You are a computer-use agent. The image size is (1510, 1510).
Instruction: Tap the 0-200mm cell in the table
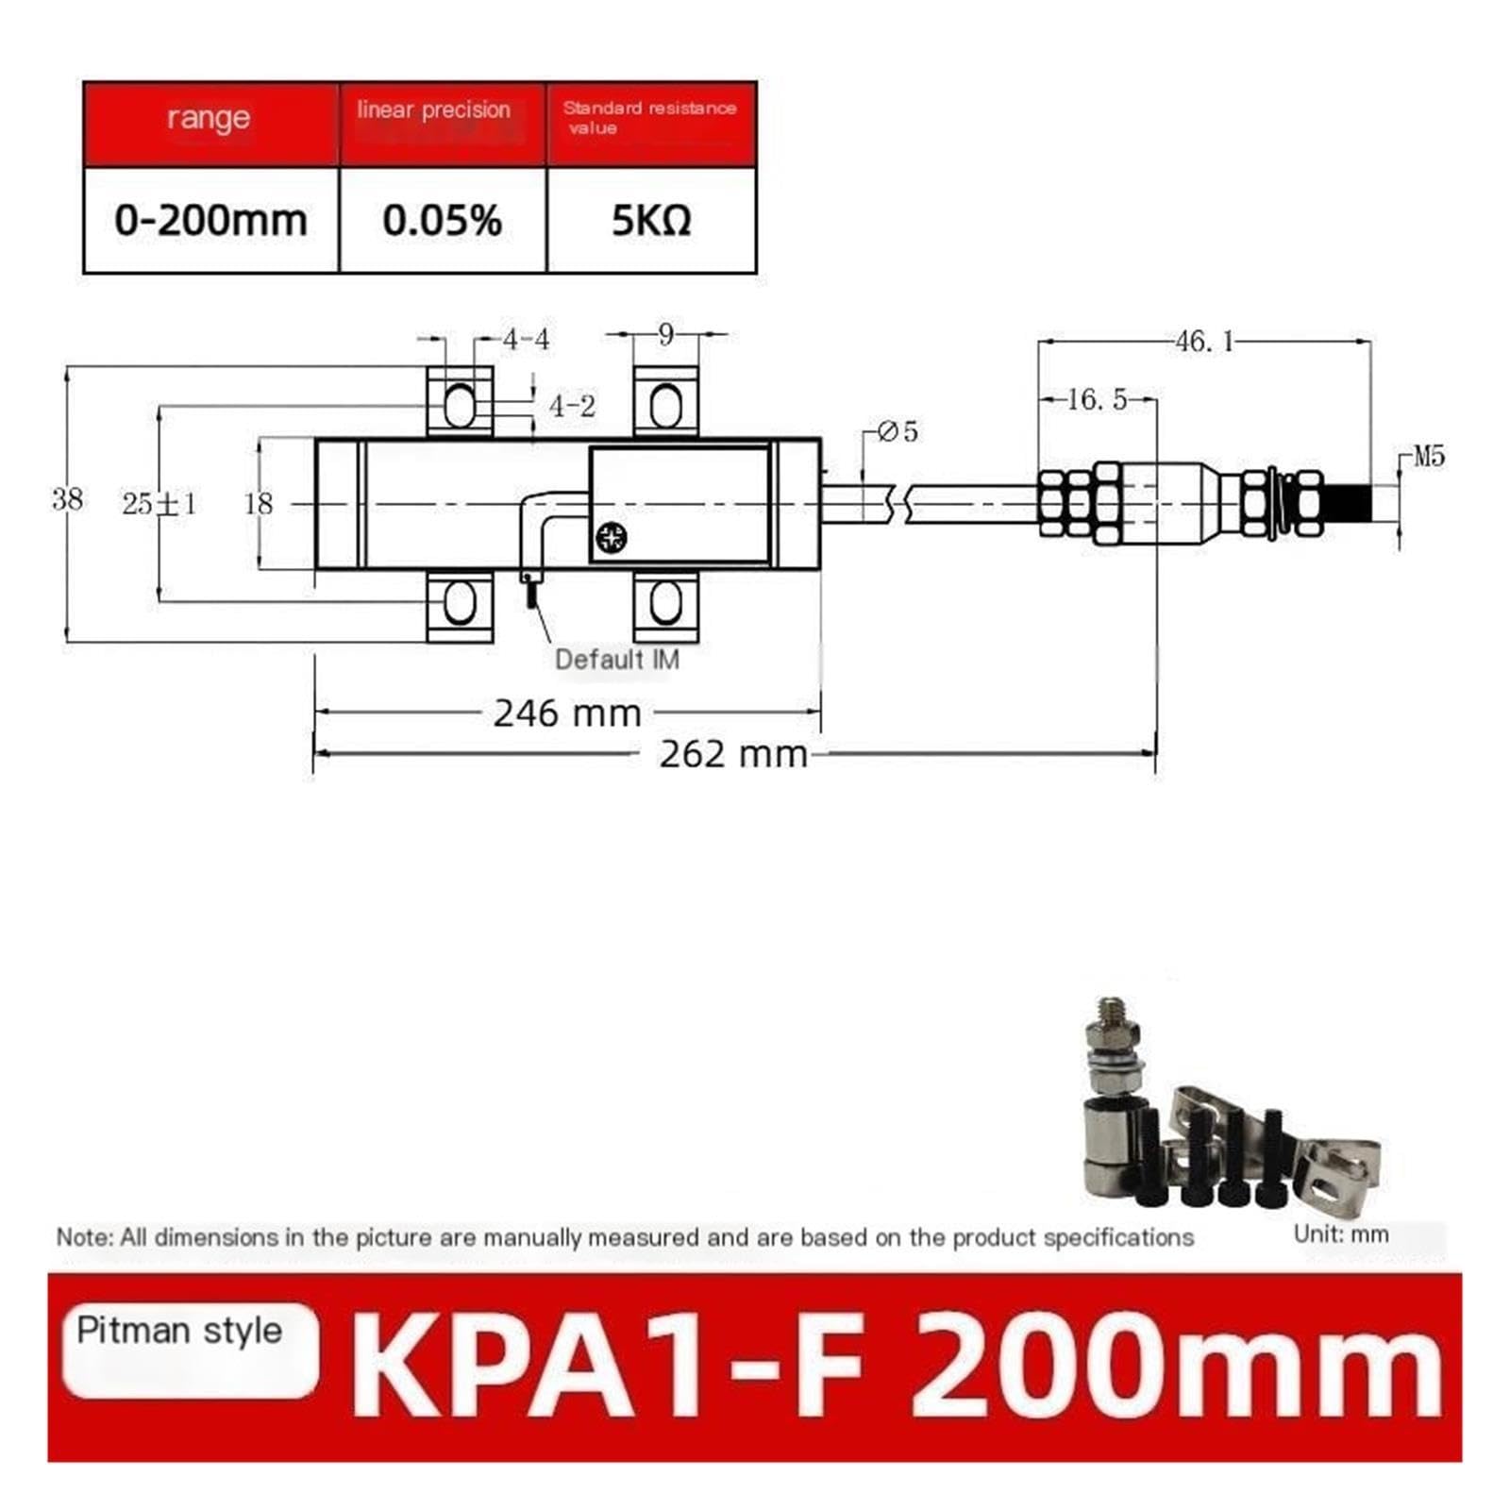tap(211, 221)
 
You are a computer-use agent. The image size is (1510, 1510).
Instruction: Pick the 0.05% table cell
tap(443, 221)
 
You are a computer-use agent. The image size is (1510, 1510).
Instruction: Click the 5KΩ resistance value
tap(651, 221)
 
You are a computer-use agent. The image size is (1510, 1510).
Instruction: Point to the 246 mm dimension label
tap(567, 713)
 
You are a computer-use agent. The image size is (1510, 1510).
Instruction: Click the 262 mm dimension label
tap(733, 754)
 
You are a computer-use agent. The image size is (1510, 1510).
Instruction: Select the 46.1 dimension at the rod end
tap(1205, 341)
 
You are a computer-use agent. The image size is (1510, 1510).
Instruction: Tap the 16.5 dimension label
tap(1097, 399)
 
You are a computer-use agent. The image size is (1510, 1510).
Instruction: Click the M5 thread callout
tap(1429, 457)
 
